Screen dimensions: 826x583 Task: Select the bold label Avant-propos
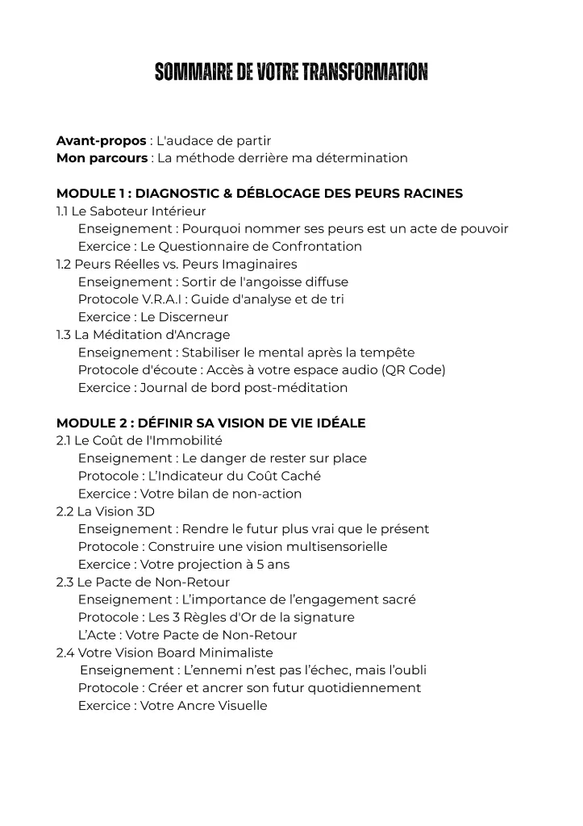point(101,140)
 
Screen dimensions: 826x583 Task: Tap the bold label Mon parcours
point(102,158)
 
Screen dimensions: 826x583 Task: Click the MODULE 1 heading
point(259,194)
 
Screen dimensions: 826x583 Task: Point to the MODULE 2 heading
point(210,423)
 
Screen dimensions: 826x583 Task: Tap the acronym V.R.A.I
point(152,299)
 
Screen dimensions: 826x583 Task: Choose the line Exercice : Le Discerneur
point(152,317)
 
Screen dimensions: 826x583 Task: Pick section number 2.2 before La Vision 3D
point(65,511)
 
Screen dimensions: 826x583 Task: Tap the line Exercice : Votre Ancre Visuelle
point(172,706)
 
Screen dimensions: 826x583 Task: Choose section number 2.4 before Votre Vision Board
point(65,653)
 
